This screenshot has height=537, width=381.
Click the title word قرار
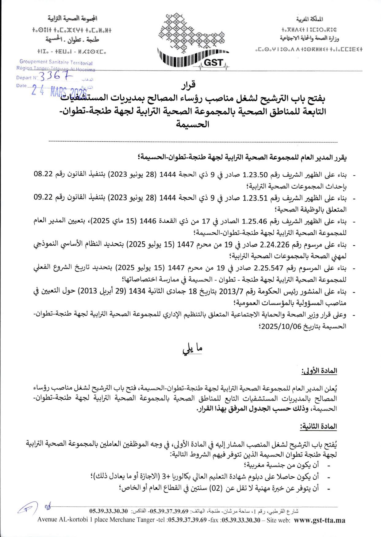188,85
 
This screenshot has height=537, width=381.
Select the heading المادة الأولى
319,371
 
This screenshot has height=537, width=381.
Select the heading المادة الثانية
318,426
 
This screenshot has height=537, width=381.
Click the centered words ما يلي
192,349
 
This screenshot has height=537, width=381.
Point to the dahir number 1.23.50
255,175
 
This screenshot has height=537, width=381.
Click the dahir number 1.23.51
255,198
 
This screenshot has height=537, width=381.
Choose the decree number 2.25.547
268,268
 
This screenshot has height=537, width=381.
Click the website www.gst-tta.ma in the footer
319,520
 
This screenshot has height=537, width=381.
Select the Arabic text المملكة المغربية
310,19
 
